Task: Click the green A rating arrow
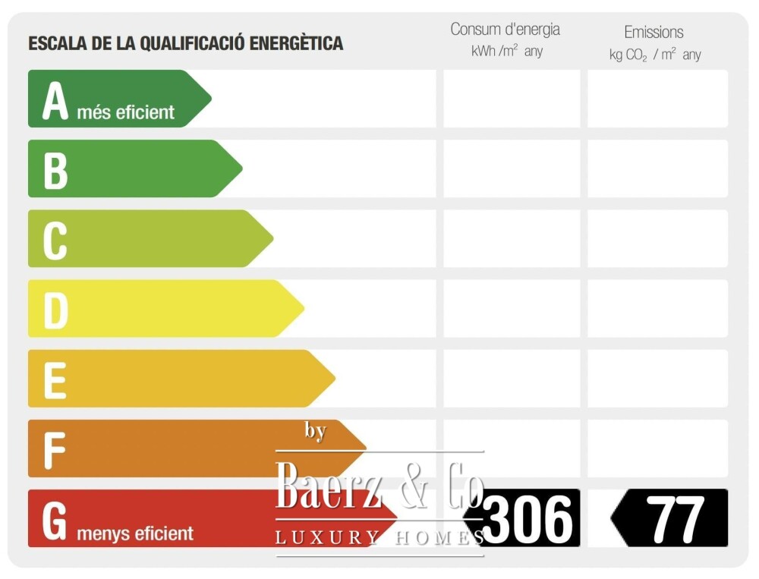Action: click(114, 99)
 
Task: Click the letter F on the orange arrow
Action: click(54, 449)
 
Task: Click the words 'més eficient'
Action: click(125, 113)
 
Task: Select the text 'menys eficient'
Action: click(135, 533)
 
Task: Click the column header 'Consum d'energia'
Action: click(505, 30)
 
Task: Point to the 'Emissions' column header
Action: click(653, 32)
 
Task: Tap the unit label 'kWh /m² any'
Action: click(506, 52)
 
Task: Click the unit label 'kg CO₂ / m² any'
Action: click(654, 55)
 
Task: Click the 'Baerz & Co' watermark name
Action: click(379, 486)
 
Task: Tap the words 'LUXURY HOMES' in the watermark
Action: click(379, 538)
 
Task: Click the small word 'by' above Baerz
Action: click(315, 431)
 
